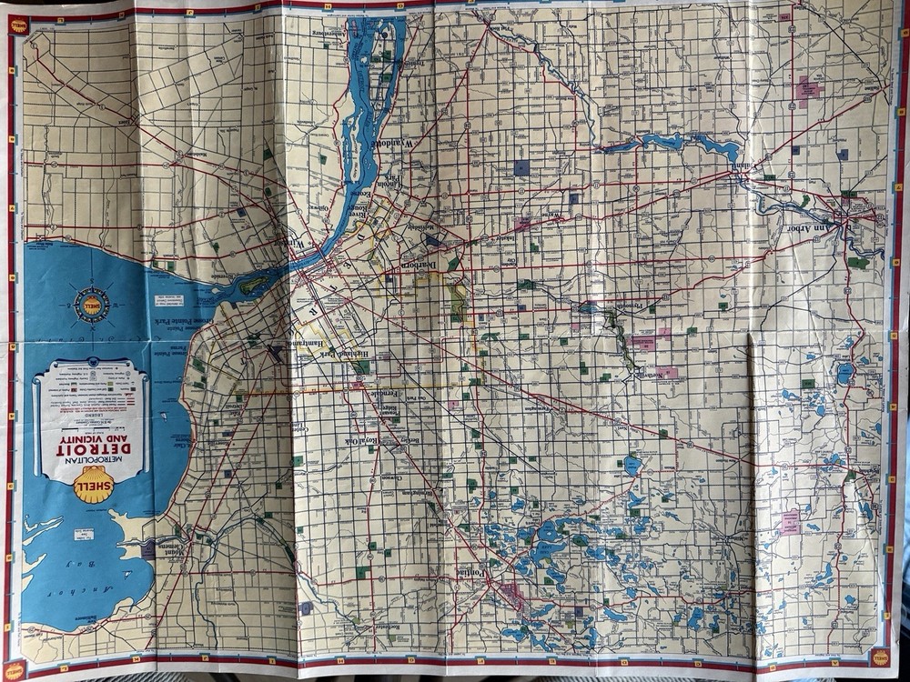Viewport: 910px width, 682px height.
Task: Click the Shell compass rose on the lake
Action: (92, 306)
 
